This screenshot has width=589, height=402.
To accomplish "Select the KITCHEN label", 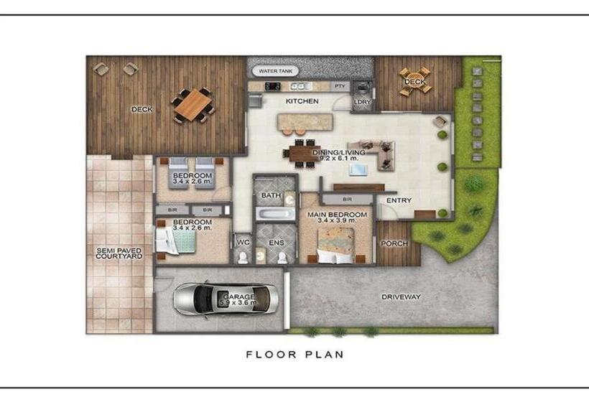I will (x=302, y=101).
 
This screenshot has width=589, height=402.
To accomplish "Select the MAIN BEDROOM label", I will (x=338, y=215).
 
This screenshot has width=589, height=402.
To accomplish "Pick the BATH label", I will (x=271, y=195).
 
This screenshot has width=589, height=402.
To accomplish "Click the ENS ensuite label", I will (x=277, y=243).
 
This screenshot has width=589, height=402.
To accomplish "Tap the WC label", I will (x=244, y=243).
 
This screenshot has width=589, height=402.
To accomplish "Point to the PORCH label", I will (x=394, y=243).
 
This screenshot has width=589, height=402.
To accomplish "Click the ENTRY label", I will (x=399, y=200).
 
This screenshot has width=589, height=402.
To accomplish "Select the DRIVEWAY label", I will (x=401, y=296).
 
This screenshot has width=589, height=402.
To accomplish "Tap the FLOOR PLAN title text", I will (x=294, y=354).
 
